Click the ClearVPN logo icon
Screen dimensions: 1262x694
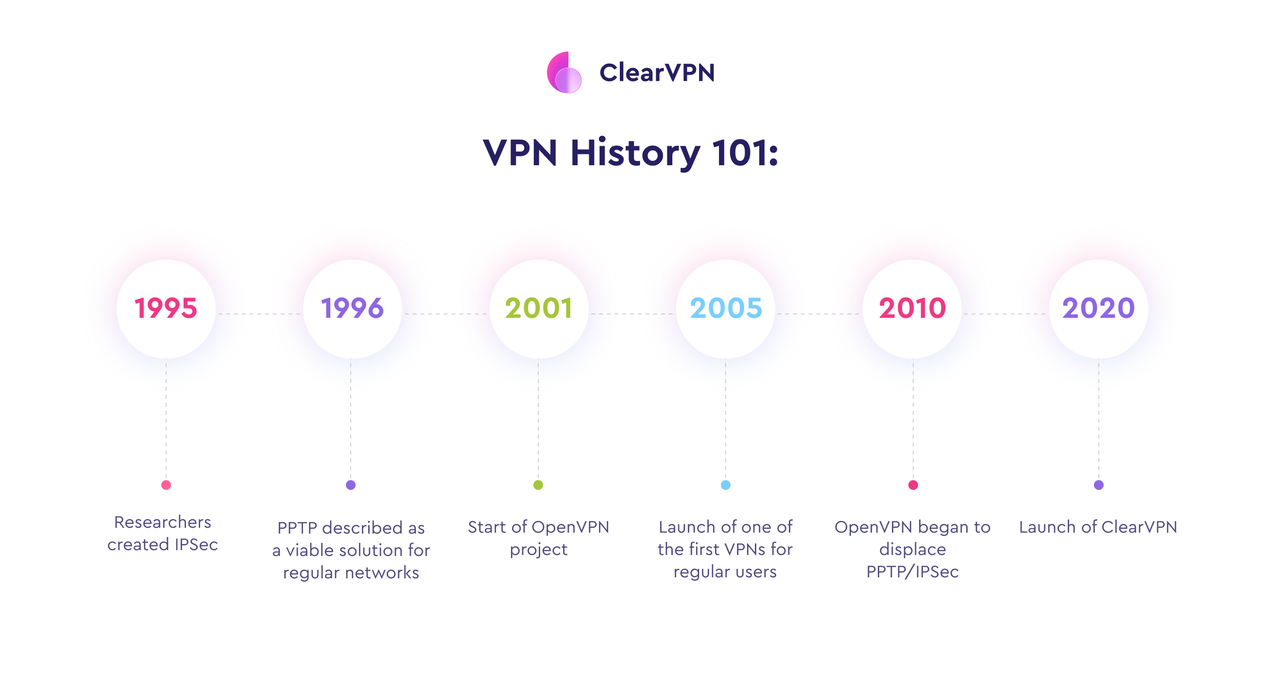click(x=564, y=72)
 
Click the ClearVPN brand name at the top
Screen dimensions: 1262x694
click(x=657, y=72)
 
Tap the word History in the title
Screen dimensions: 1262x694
click(x=635, y=154)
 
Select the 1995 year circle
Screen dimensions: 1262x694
click(x=166, y=309)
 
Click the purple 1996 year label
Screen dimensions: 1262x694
click(x=352, y=308)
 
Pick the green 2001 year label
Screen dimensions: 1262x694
click(x=538, y=308)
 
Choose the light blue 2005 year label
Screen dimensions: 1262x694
click(x=726, y=308)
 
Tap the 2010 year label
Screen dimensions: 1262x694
click(x=912, y=308)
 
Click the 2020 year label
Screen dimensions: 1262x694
click(x=1098, y=308)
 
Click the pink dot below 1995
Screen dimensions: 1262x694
click(x=166, y=485)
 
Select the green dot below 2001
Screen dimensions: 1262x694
click(x=538, y=485)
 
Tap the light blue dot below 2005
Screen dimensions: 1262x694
click(x=726, y=485)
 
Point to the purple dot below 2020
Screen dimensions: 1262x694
click(x=1098, y=485)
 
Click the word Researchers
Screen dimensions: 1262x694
click(x=163, y=522)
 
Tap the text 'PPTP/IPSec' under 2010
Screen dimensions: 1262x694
click(x=912, y=572)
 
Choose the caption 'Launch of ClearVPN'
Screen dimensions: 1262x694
click(x=1098, y=527)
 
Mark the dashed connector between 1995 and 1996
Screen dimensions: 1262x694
click(x=259, y=313)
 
